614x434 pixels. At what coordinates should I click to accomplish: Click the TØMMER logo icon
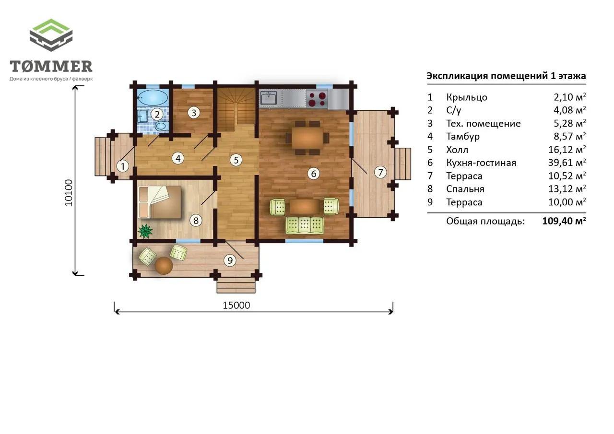point(51,35)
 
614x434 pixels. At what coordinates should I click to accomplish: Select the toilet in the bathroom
point(161,126)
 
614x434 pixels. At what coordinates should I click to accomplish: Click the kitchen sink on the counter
point(269,98)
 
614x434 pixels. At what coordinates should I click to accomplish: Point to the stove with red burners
point(317,99)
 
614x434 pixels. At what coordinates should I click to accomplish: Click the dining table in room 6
point(307,138)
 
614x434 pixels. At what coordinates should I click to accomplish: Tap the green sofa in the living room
point(305,225)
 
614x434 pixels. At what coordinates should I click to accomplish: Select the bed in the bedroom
point(160,202)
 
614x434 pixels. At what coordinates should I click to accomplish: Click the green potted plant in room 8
point(145,231)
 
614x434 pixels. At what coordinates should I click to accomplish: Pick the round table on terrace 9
point(164,266)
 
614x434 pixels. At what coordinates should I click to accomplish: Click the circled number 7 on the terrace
point(380,172)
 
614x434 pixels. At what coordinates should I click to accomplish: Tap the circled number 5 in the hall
point(236,160)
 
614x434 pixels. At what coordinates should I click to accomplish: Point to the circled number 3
point(194,113)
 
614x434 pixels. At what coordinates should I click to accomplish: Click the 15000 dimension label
point(236,305)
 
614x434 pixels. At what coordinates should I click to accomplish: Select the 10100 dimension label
point(69,193)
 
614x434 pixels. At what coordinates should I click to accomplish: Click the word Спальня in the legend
point(465,189)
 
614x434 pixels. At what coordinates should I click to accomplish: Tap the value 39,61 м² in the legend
point(567,163)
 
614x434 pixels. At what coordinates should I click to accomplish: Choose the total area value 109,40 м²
point(564,221)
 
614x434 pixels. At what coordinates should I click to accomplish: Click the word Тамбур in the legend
point(463,136)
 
